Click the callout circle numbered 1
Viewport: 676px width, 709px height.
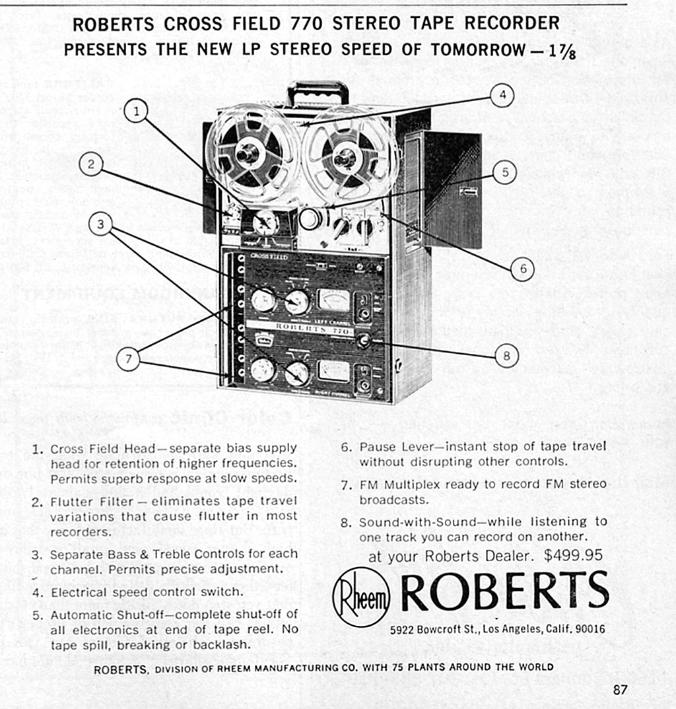pyautogui.click(x=137, y=111)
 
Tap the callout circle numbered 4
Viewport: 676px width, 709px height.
pyautogui.click(x=502, y=95)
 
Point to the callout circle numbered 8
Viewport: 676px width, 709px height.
pyautogui.click(x=506, y=356)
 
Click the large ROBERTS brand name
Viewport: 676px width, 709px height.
pyautogui.click(x=504, y=591)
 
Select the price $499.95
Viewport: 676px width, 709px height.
pyautogui.click(x=573, y=555)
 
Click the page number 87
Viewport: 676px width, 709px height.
pyautogui.click(x=619, y=690)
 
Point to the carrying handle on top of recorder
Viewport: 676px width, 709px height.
pyautogui.click(x=318, y=91)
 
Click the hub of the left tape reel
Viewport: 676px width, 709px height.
pyautogui.click(x=248, y=153)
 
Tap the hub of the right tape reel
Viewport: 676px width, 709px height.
pyautogui.click(x=345, y=158)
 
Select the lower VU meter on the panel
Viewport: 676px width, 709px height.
pyautogui.click(x=333, y=371)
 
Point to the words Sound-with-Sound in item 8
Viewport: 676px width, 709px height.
pyautogui.click(x=409, y=522)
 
